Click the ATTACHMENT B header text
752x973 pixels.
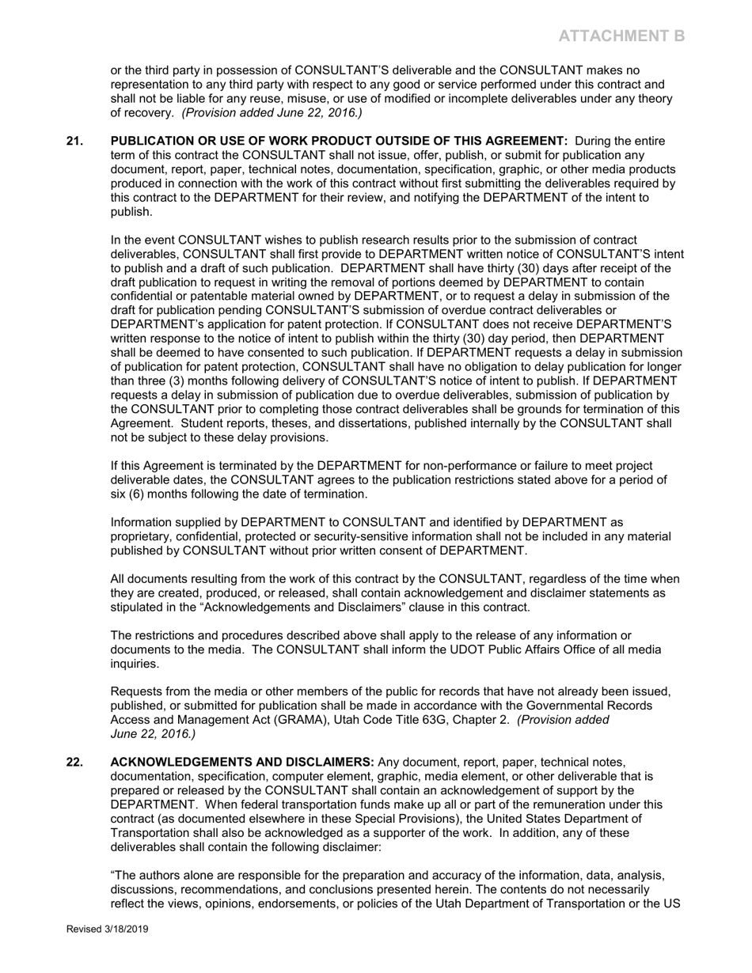click(621, 36)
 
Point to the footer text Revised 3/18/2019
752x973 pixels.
click(107, 929)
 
